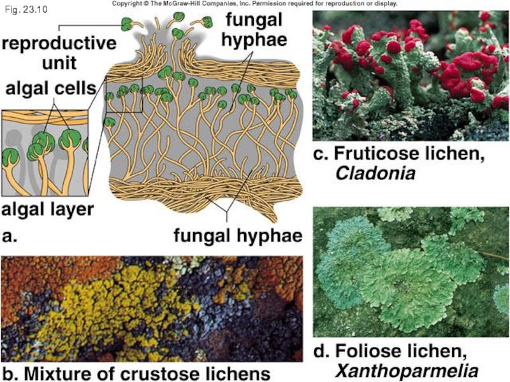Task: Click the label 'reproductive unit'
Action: (x=59, y=53)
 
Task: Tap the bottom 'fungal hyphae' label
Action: (x=237, y=236)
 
